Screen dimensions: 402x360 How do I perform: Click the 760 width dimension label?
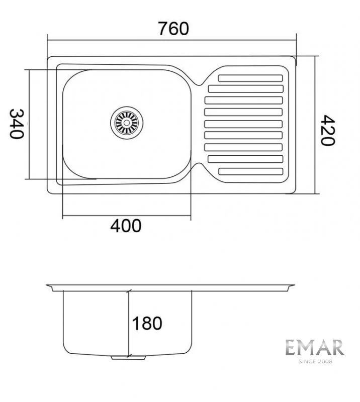[174, 29]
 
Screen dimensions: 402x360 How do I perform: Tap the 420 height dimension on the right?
[328, 130]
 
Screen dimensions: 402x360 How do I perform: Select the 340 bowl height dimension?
[17, 124]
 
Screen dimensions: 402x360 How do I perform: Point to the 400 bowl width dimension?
[126, 226]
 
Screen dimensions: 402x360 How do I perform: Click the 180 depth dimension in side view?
[147, 323]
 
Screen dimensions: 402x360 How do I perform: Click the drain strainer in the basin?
[127, 122]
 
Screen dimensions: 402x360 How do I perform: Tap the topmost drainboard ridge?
[250, 78]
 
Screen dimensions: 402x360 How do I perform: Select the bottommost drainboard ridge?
[250, 171]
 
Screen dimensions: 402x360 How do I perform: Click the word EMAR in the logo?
[315, 348]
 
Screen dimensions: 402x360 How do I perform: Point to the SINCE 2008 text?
[315, 360]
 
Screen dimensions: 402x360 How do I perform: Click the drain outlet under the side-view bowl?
[128, 357]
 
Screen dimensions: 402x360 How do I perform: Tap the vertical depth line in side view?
[129, 322]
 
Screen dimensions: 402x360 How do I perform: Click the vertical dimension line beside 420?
[316, 125]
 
